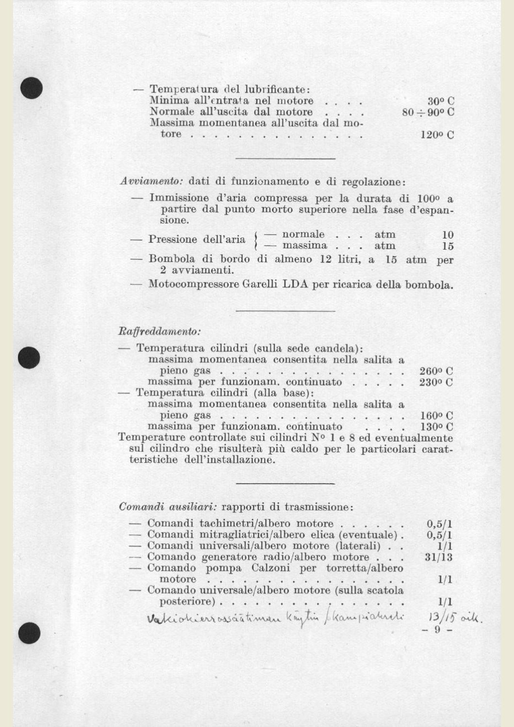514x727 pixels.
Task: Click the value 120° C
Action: [437, 135]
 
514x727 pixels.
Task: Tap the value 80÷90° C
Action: [428, 112]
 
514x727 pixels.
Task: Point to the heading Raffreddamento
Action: [160, 332]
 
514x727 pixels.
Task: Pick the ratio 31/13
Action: [438, 557]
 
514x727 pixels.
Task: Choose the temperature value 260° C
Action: [436, 371]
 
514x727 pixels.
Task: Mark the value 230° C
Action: [436, 382]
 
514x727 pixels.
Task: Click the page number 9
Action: [437, 630]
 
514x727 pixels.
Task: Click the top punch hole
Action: [32, 88]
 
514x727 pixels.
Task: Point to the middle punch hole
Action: [30, 358]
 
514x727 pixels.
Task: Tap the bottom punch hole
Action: [30, 633]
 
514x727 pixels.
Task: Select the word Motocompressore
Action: [193, 284]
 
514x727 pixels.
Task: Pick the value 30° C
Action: [441, 101]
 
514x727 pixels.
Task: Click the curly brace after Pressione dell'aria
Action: [256, 240]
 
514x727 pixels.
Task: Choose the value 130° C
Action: [436, 427]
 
